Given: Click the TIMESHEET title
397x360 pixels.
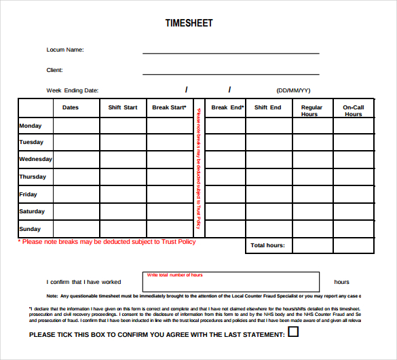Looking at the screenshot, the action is tap(189, 23).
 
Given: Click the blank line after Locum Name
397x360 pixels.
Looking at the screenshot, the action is tap(231, 52).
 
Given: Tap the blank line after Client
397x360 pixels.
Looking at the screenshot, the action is tap(231, 73).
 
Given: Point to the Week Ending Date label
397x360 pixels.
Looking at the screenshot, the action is tap(73, 90).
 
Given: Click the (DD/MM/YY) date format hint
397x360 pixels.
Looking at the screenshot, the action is tap(293, 90).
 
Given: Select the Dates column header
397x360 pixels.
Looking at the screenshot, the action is tap(71, 107).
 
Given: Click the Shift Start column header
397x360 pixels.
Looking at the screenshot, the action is tap(123, 107).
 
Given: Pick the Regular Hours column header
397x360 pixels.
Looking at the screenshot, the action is tap(311, 111).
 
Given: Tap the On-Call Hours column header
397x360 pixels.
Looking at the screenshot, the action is tap(353, 111).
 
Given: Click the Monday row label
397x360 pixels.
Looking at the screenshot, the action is tap(31, 126).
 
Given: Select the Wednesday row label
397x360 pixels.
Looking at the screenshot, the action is tap(35, 159).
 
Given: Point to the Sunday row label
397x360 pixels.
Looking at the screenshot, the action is tap(31, 229).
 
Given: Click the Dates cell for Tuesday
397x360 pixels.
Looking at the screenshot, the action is tap(76, 143).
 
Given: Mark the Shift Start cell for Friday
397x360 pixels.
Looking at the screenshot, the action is tap(123, 194).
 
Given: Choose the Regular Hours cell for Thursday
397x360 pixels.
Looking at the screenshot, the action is tap(311, 177).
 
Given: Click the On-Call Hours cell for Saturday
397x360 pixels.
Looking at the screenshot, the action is tap(353, 211).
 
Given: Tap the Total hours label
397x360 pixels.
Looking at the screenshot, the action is tap(268, 245).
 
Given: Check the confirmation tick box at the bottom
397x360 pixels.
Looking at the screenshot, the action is tap(294, 332).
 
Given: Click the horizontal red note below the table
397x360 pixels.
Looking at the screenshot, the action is tap(107, 242).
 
